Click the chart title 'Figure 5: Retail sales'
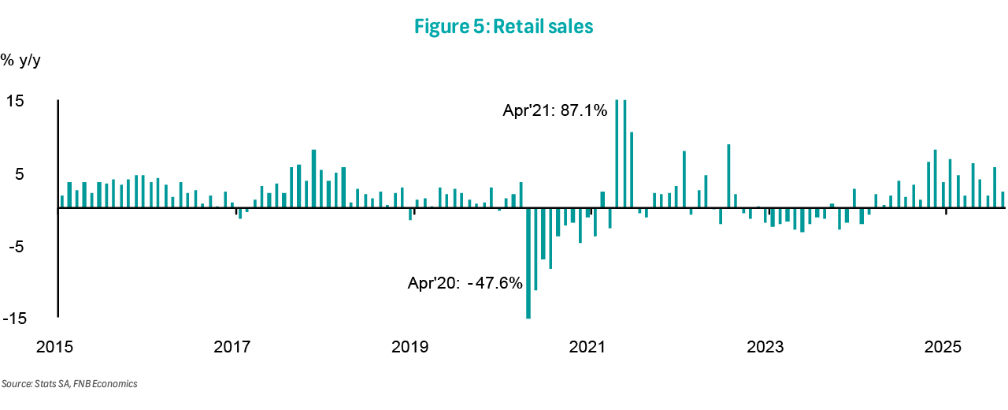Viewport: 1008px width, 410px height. coord(503,27)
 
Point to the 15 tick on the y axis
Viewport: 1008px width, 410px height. coord(16,102)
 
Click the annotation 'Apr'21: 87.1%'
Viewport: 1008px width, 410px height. coord(555,111)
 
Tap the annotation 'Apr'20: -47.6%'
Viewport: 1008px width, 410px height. coord(465,282)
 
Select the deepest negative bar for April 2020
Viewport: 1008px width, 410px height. coord(528,263)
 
